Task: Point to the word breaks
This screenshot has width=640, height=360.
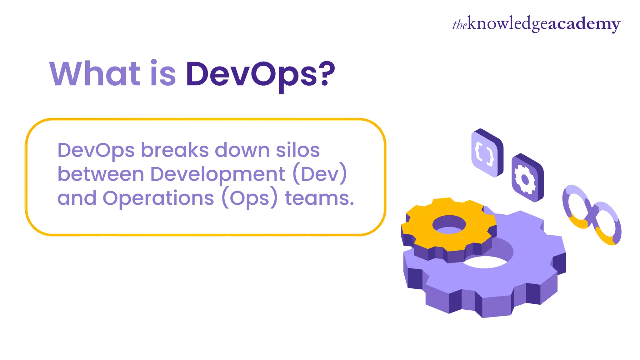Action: point(175,150)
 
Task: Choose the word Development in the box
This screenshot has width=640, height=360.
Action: point(217,174)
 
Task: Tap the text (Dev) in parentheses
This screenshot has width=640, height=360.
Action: point(320,174)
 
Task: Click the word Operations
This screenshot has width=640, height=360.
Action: point(158,198)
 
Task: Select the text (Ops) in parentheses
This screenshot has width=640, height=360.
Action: point(249,198)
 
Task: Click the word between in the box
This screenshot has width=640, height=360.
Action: point(101,174)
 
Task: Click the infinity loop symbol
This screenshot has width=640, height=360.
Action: point(592,215)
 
